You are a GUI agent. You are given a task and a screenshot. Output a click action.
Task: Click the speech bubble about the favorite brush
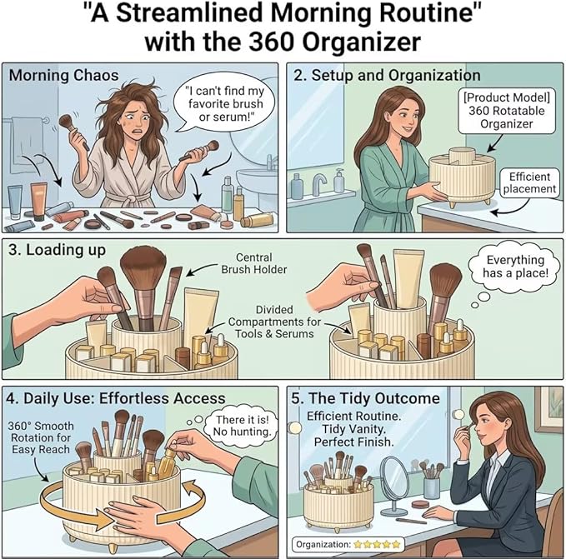click(x=223, y=104)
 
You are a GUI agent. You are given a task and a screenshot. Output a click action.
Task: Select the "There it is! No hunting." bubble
click(x=241, y=426)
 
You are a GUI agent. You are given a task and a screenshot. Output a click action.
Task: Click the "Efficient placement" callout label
click(x=529, y=182)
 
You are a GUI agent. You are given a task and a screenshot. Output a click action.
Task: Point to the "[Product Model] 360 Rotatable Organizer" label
click(x=507, y=111)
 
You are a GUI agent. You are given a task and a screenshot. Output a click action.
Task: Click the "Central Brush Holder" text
click(x=254, y=263)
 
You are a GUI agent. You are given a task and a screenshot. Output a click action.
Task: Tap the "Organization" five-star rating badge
click(x=348, y=544)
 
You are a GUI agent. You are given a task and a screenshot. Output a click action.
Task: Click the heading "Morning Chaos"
click(x=63, y=75)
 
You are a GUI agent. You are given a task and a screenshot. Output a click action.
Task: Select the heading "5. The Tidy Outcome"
click(x=365, y=398)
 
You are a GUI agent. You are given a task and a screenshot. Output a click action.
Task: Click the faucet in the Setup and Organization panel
click(x=319, y=183)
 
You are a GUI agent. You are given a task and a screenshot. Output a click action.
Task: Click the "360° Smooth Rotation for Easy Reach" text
click(x=40, y=438)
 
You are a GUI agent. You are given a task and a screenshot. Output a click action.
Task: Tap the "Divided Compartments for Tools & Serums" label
click(x=274, y=322)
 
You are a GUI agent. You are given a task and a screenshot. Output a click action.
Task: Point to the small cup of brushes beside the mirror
click(x=431, y=481)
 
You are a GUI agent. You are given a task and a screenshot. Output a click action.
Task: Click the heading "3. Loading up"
click(x=57, y=250)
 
